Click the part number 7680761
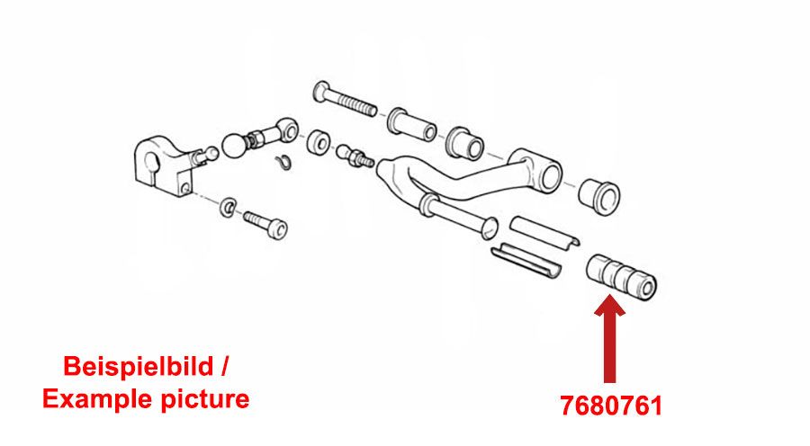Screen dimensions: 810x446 (x=611, y=406)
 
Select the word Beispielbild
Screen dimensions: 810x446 (x=138, y=367)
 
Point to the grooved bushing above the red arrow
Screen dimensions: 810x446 (x=621, y=277)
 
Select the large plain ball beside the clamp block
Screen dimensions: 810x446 (x=235, y=146)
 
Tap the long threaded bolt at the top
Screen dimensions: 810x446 (x=345, y=100)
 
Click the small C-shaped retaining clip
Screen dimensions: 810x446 (x=283, y=162)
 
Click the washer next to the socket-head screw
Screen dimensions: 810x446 (x=228, y=206)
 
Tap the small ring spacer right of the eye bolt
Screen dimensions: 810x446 (x=319, y=142)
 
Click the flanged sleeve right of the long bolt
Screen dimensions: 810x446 (x=412, y=125)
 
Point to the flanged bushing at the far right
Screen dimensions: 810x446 (x=598, y=197)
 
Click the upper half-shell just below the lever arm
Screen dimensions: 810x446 (x=544, y=232)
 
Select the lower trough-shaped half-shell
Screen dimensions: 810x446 (x=526, y=261)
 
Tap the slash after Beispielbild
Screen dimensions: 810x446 (x=223, y=366)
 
